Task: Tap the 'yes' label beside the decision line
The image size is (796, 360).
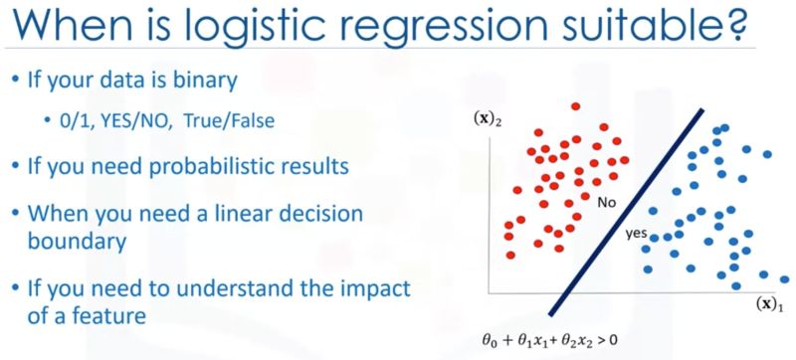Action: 635,236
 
